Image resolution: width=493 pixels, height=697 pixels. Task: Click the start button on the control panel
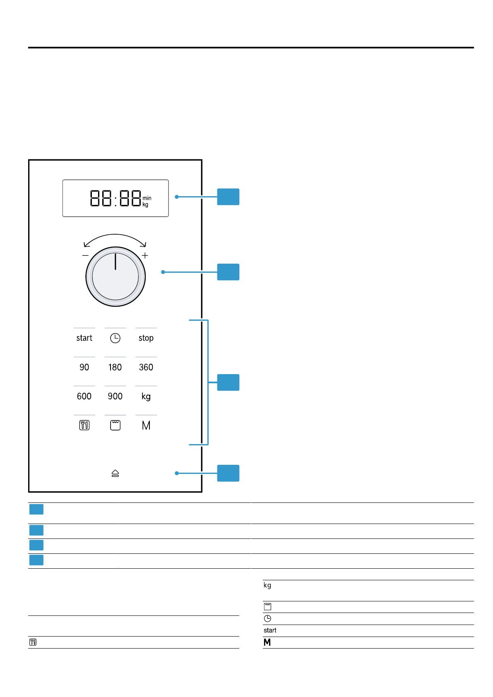(84, 338)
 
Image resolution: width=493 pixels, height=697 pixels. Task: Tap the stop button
(146, 338)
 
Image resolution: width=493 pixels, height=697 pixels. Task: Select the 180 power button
(115, 367)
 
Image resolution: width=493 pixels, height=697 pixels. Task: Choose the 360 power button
(146, 367)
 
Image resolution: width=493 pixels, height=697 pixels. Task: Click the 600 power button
(84, 396)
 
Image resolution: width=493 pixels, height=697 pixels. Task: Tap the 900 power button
(115, 396)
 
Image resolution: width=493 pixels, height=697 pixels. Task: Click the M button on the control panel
(146, 425)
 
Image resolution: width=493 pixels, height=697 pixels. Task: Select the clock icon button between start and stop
(115, 338)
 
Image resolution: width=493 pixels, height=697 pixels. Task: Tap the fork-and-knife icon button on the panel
(84, 425)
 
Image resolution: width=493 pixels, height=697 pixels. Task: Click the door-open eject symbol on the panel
(115, 473)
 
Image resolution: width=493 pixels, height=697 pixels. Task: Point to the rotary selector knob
(115, 276)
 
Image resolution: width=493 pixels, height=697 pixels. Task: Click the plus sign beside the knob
(145, 255)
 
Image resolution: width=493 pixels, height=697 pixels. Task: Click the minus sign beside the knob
(85, 255)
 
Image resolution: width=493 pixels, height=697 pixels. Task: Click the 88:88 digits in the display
(115, 198)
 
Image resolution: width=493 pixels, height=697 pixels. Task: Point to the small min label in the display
(147, 198)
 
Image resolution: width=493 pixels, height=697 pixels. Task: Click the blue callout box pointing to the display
(228, 197)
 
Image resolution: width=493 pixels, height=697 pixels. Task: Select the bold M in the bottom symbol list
(267, 642)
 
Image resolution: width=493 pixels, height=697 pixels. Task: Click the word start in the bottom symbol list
(270, 630)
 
